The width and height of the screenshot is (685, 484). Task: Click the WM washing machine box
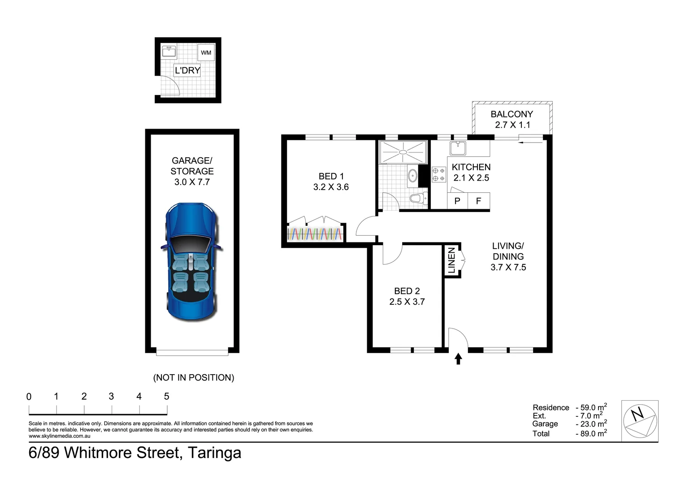[206, 53]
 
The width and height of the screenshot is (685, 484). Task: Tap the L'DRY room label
[187, 70]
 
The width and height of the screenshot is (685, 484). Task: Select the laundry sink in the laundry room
[169, 52]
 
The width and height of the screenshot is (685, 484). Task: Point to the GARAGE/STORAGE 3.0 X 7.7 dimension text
[192, 182]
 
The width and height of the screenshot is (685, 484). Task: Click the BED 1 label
[331, 176]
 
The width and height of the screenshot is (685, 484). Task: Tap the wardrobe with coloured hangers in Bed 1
[315, 233]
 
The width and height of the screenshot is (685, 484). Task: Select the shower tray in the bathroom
[403, 152]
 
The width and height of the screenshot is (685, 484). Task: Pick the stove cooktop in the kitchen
[438, 174]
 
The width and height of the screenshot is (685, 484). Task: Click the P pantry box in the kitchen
[457, 201]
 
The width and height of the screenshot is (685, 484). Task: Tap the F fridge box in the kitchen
[478, 201]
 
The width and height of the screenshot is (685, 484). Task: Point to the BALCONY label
[512, 114]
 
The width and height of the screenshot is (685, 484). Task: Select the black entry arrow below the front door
[458, 359]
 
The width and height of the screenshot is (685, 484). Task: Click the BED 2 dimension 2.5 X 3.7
[407, 302]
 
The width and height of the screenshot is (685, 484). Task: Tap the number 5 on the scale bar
[167, 396]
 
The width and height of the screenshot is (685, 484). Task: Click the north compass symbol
[640, 420]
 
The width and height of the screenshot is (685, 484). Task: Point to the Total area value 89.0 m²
[591, 433]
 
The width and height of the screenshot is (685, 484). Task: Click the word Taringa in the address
[214, 453]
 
